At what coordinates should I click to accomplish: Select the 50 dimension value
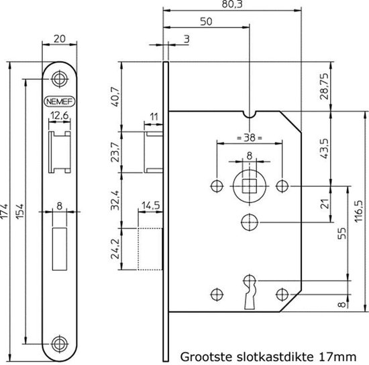[x=207, y=22]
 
